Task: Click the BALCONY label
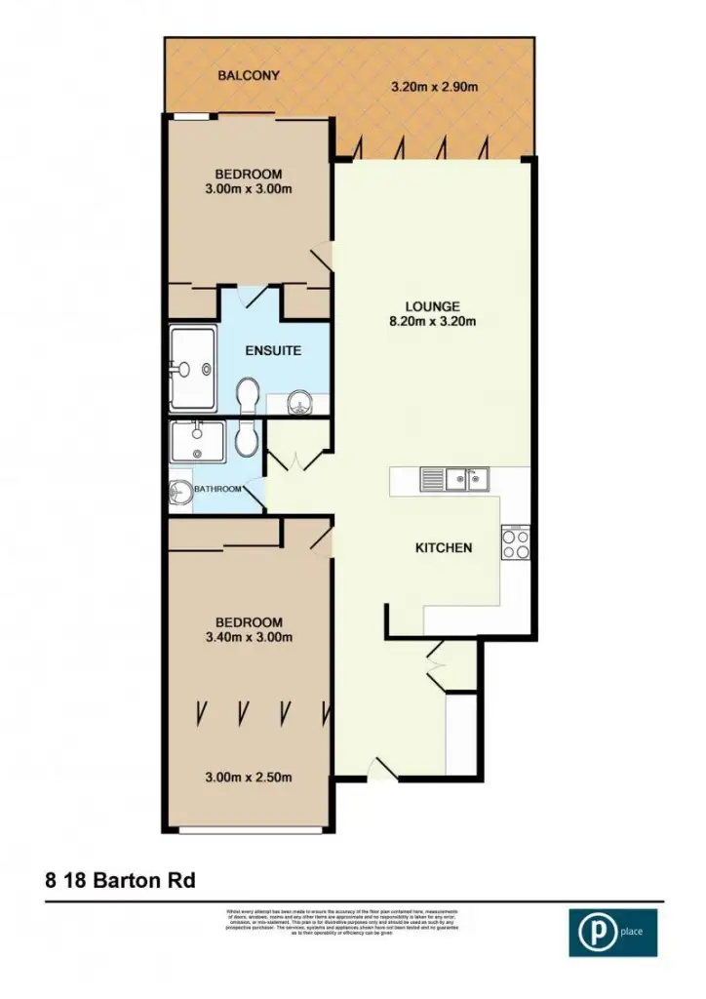tap(249, 75)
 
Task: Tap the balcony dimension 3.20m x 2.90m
tap(434, 87)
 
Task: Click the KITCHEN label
tap(444, 547)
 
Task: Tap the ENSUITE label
tap(272, 350)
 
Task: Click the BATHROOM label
tap(216, 489)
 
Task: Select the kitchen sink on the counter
tap(455, 479)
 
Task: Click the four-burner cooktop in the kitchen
tap(515, 541)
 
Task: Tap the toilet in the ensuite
tap(248, 395)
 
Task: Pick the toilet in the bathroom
tap(247, 441)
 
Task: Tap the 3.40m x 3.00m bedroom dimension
tap(249, 638)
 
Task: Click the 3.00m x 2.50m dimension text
tap(249, 778)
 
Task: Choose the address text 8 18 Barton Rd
tap(120, 880)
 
